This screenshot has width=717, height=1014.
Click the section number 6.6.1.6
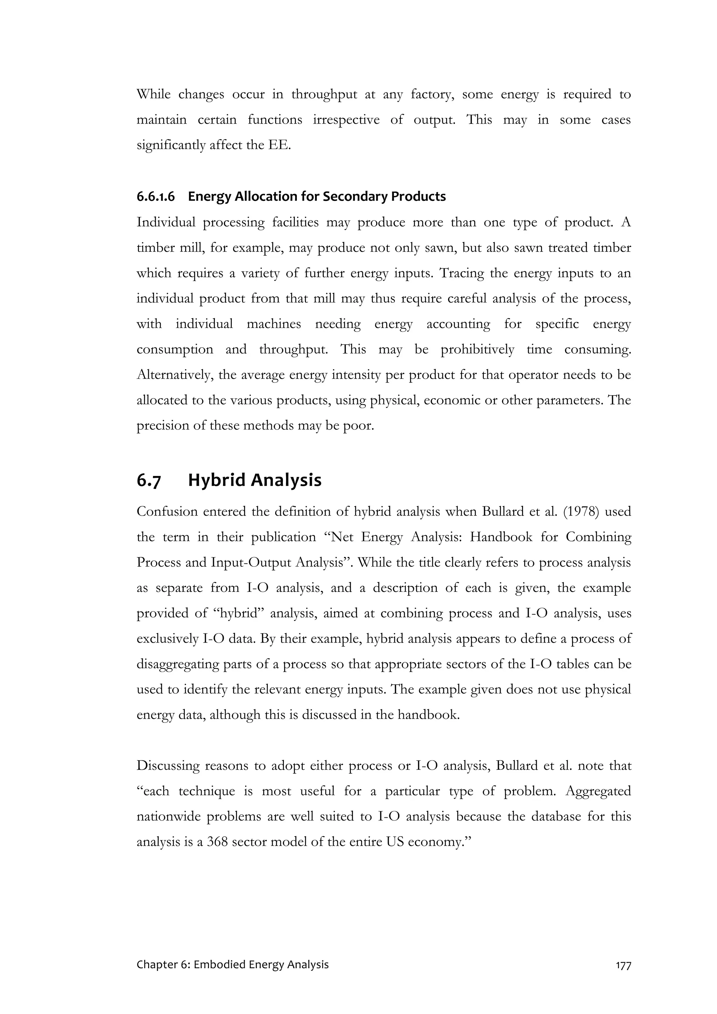tap(155, 196)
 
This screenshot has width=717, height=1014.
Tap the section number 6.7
tap(148, 481)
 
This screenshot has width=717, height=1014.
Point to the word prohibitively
tap(477, 349)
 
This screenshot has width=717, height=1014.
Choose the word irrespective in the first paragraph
tap(346, 120)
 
